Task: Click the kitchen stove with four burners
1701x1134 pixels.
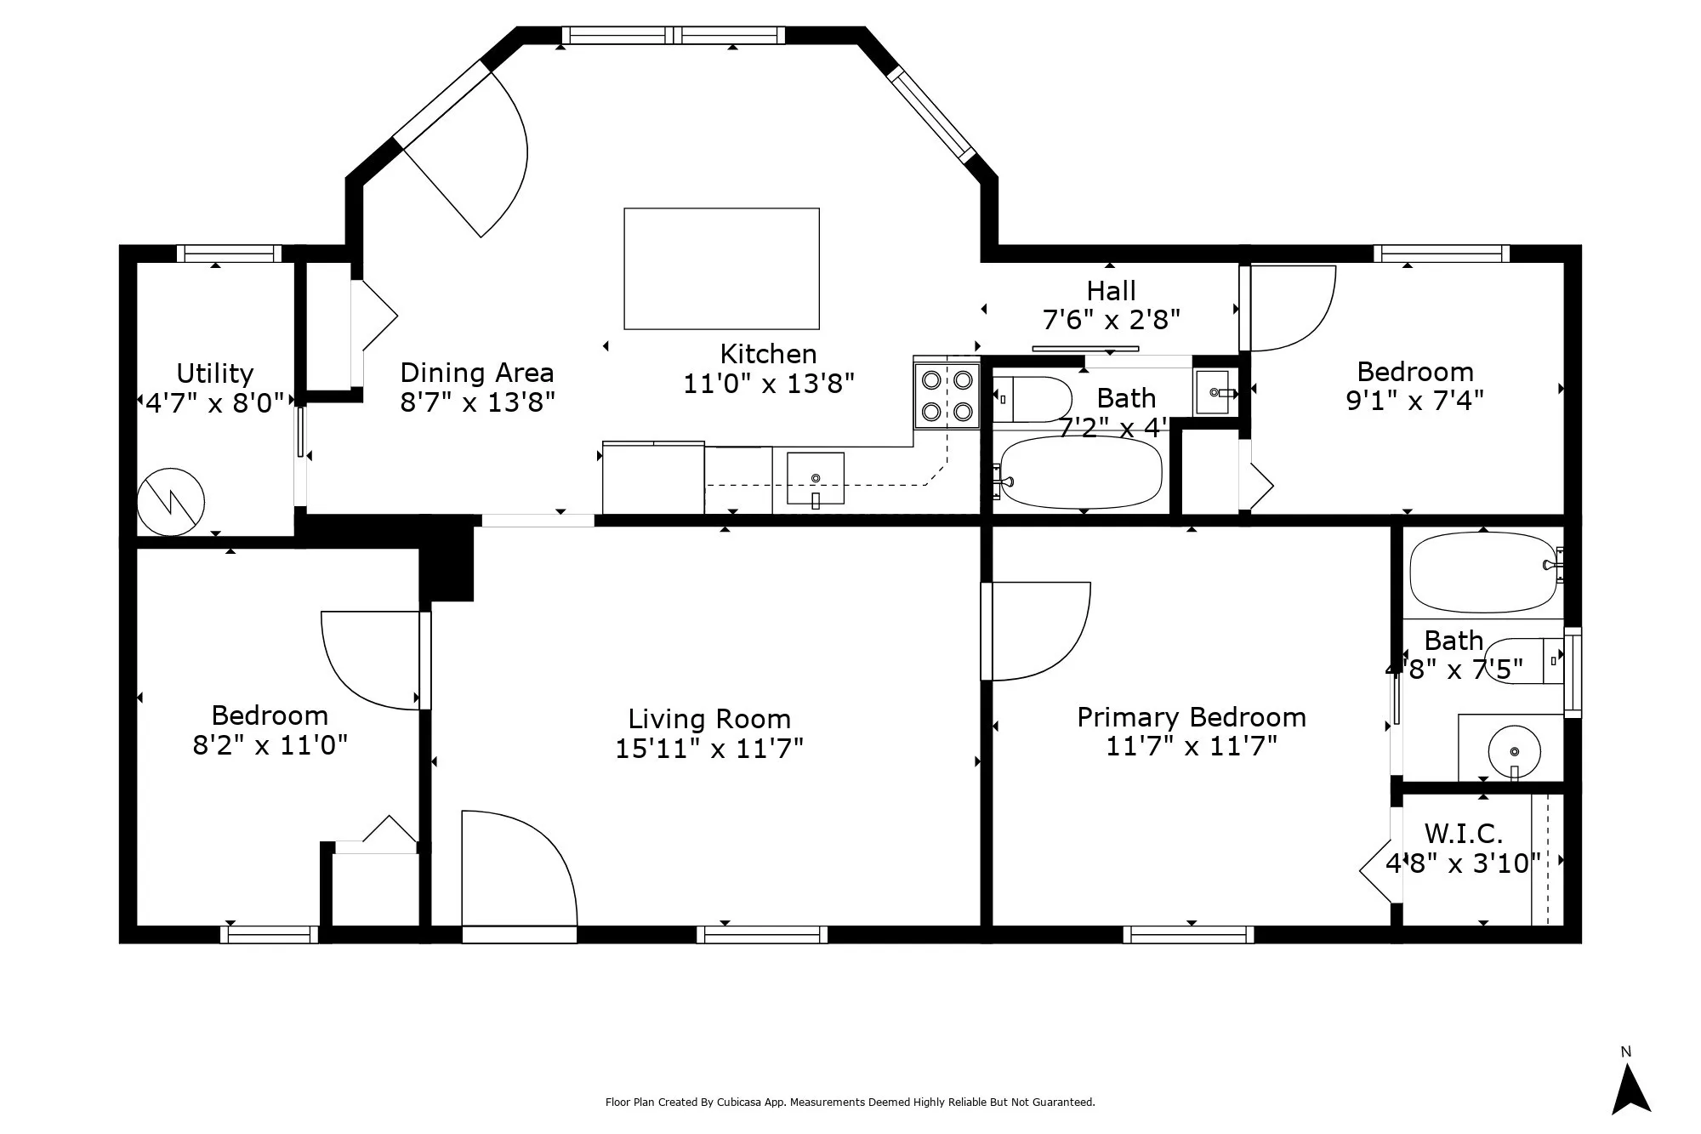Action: point(947,395)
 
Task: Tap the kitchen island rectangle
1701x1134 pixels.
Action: point(721,268)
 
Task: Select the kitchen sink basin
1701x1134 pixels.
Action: point(815,479)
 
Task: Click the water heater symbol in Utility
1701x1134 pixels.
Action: point(171,502)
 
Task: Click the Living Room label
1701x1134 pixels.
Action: point(709,719)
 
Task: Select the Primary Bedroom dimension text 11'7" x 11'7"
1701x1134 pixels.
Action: point(1192,746)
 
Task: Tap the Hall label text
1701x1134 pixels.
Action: point(1112,291)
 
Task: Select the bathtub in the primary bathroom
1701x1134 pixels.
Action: point(1484,573)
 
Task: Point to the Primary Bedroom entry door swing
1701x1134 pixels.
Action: point(1036,631)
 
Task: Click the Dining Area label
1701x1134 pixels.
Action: point(477,373)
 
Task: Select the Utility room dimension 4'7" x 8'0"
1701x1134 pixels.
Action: point(215,402)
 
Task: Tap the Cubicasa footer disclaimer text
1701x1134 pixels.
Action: point(850,1103)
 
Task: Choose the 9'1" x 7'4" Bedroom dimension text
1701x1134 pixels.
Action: point(1415,400)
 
